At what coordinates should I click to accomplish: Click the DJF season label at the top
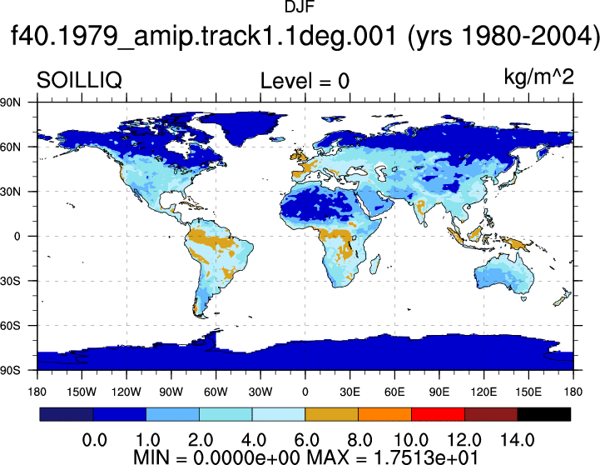300,7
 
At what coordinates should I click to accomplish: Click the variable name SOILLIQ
79,81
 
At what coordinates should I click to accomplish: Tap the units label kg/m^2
538,77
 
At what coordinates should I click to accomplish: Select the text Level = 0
305,81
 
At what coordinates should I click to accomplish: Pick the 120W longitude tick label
126,392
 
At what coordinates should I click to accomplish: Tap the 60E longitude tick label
394,392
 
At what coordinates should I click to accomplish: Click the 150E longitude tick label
528,392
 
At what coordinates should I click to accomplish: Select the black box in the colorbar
543,414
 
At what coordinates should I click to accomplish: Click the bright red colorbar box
438,414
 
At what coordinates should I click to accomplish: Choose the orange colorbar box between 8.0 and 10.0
384,414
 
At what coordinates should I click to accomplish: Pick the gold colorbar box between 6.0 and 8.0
331,414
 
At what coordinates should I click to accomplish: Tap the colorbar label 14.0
518,440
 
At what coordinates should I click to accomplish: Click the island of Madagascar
375,265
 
